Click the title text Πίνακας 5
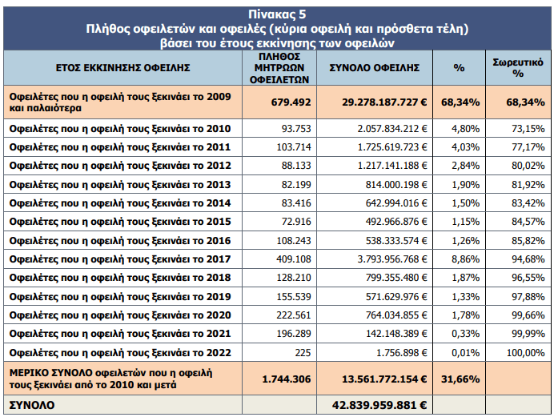(277, 14)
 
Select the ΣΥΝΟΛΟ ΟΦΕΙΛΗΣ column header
(375, 67)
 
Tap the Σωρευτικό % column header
(518, 67)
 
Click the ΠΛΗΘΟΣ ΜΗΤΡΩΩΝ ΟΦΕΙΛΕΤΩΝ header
(279, 68)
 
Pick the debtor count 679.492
(291, 102)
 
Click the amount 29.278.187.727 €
(384, 102)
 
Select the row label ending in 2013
(120, 185)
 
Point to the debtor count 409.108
(294, 259)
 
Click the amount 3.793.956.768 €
(392, 259)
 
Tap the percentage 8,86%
(466, 259)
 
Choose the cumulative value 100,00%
(526, 353)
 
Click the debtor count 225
(303, 353)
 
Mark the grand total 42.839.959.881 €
(379, 405)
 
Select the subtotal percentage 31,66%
(460, 379)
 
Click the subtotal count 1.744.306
(287, 379)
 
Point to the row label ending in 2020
(120, 315)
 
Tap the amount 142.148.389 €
(396, 334)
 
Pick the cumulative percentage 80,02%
(528, 166)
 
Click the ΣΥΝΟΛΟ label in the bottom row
(32, 405)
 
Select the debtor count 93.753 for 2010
(296, 129)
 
